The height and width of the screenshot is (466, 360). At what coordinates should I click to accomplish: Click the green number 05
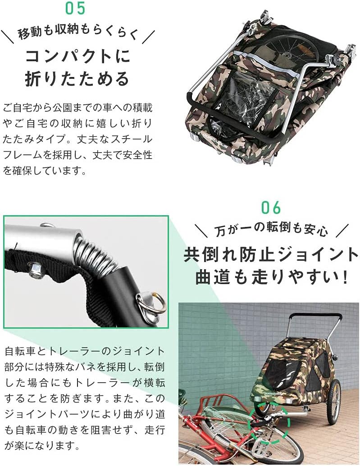click(x=75, y=8)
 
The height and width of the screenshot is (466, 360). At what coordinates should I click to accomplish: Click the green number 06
click(x=271, y=208)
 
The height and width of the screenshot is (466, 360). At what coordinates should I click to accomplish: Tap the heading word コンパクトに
click(x=77, y=57)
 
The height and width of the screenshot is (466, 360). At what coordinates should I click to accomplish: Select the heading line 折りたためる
click(x=77, y=79)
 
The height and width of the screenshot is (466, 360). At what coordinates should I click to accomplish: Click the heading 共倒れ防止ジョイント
click(x=271, y=254)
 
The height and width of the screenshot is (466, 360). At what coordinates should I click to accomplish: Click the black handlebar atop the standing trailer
click(x=315, y=315)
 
